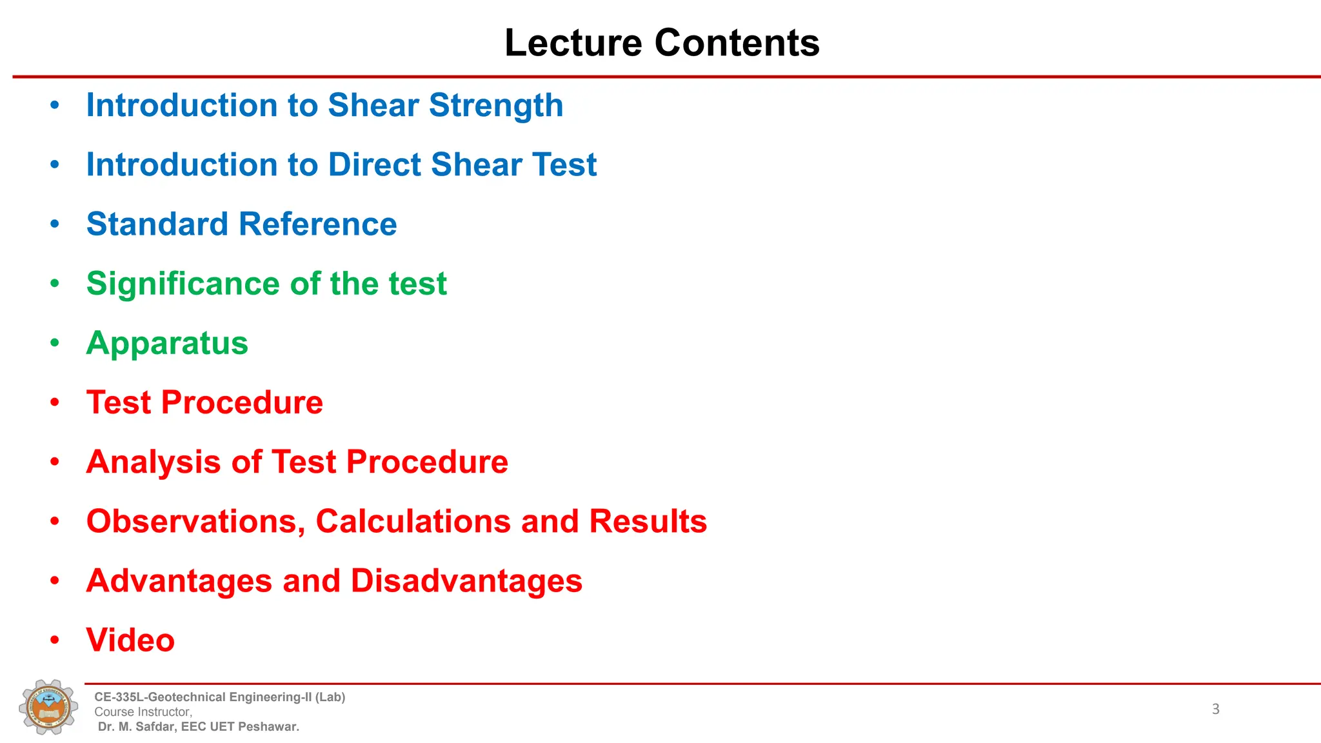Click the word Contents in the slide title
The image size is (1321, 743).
pyautogui.click(x=737, y=43)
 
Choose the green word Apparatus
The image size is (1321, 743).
pyautogui.click(x=167, y=343)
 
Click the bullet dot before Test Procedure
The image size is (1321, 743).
pyautogui.click(x=55, y=402)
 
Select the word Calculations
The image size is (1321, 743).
pyautogui.click(x=413, y=522)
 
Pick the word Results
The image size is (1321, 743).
pyautogui.click(x=648, y=522)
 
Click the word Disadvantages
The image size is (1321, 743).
pyautogui.click(x=466, y=581)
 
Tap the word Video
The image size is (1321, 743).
pyautogui.click(x=130, y=640)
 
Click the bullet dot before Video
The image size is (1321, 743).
pyautogui.click(x=55, y=640)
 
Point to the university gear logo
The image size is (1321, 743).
pyautogui.click(x=48, y=707)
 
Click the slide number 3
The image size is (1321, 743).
pyautogui.click(x=1215, y=709)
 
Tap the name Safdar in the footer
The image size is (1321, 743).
pyautogui.click(x=154, y=727)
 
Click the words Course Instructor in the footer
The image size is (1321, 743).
pyautogui.click(x=143, y=712)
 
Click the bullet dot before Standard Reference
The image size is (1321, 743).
pyautogui.click(x=55, y=224)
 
